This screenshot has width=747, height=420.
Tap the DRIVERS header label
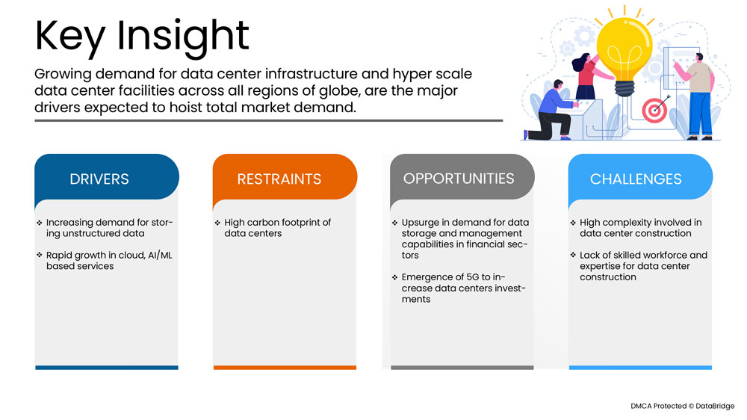99,179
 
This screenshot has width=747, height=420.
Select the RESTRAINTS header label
279,179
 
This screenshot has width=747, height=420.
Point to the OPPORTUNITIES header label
458,178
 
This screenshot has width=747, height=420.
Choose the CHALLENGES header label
635,179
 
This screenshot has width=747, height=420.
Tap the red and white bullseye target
654,111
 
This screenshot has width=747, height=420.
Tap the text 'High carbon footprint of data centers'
277,228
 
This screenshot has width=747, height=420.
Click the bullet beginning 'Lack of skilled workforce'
642,266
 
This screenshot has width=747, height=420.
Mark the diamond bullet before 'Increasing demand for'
40,223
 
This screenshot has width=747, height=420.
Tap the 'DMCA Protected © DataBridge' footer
682,406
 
